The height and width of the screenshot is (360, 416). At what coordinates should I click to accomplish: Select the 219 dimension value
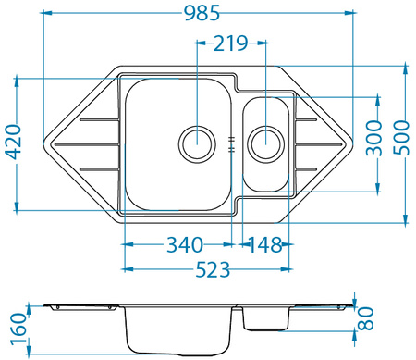230,43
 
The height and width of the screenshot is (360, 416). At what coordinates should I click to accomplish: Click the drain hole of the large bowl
196,143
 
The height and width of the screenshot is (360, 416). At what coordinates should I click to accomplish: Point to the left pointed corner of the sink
47,144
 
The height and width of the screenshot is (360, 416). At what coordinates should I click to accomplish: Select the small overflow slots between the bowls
231,143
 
